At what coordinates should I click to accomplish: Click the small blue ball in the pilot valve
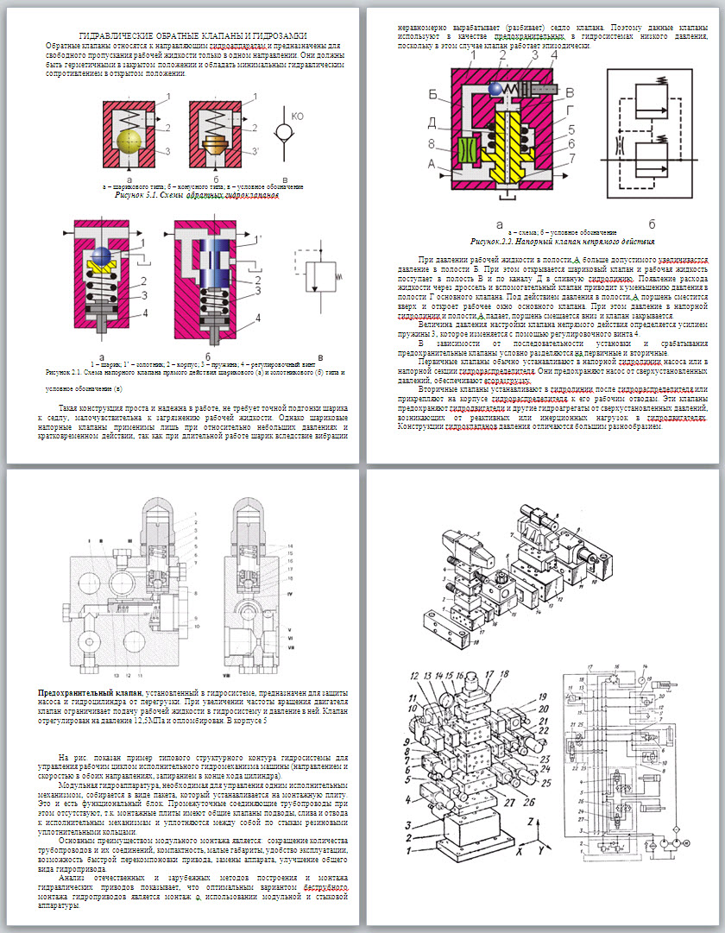(x=495, y=89)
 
